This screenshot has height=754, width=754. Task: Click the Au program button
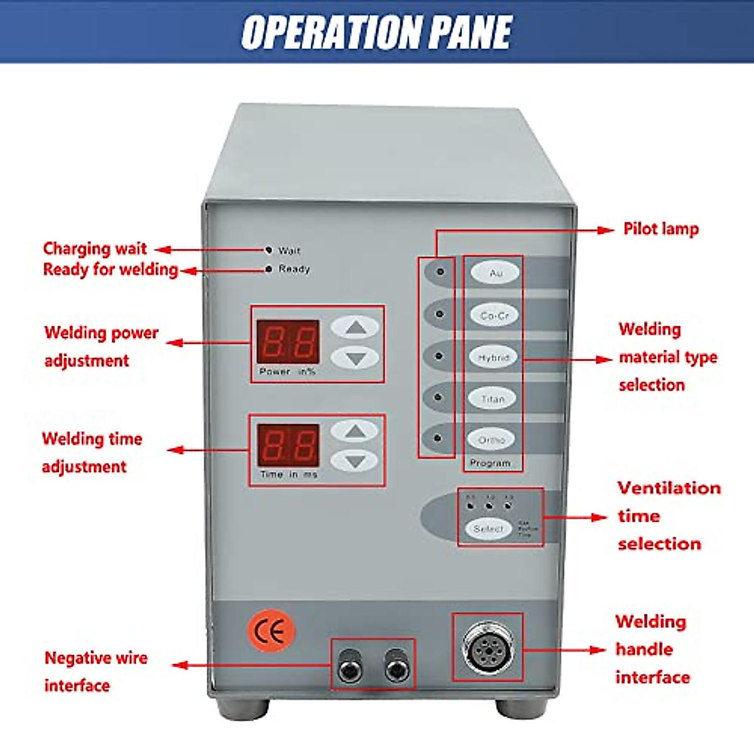click(x=495, y=273)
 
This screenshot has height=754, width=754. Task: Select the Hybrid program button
click(x=493, y=357)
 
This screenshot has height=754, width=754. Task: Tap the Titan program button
click(x=493, y=398)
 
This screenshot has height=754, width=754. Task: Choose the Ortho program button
click(x=491, y=440)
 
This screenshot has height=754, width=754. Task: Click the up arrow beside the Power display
click(x=355, y=327)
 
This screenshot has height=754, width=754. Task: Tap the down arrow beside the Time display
click(x=355, y=461)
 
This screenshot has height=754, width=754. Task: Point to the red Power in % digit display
click(x=288, y=342)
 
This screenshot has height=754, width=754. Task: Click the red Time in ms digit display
click(x=288, y=445)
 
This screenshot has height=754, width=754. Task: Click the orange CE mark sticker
click(x=271, y=631)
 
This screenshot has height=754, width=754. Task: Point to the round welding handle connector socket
click(x=488, y=647)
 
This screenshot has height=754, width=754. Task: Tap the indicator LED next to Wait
click(x=269, y=250)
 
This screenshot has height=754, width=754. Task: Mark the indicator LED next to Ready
click(x=269, y=269)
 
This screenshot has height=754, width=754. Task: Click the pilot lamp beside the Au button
click(x=440, y=271)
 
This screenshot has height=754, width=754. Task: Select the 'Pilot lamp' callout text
click(x=660, y=229)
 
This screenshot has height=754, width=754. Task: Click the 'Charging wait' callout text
click(x=94, y=248)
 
